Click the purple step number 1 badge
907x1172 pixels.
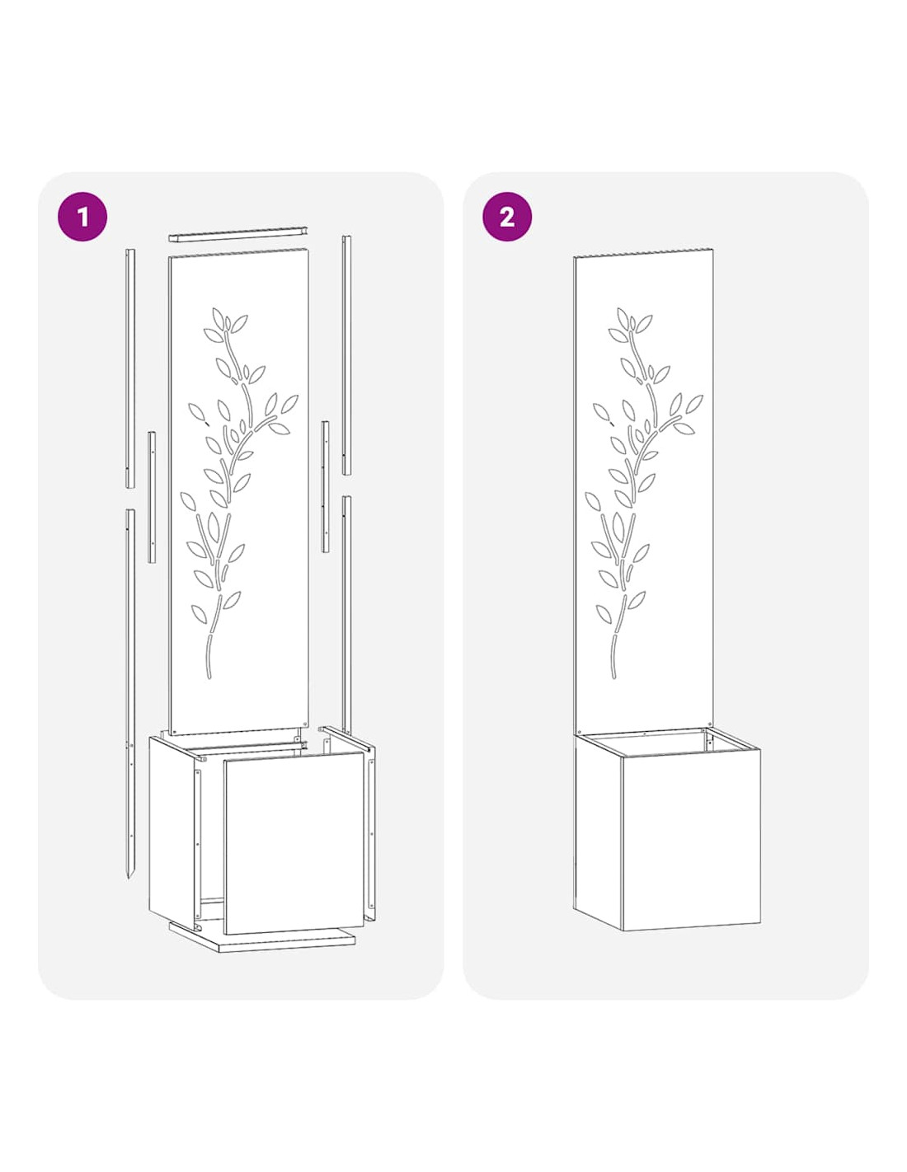(x=82, y=217)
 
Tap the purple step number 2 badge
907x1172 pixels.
(x=506, y=217)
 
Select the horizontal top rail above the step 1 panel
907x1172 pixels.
(x=237, y=233)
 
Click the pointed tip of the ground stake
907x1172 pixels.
(x=129, y=878)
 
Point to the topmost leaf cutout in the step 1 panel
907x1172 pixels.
(x=219, y=318)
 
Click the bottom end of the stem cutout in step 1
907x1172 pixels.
(x=209, y=677)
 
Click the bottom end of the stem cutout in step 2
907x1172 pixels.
(x=614, y=676)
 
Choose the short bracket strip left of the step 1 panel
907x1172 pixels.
(x=152, y=497)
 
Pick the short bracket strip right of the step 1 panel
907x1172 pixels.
(x=326, y=486)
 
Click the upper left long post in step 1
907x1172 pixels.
(x=130, y=368)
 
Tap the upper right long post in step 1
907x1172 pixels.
(x=346, y=355)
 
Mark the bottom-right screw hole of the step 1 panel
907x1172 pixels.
(x=304, y=724)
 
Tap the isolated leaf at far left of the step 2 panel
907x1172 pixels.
(x=601, y=413)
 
